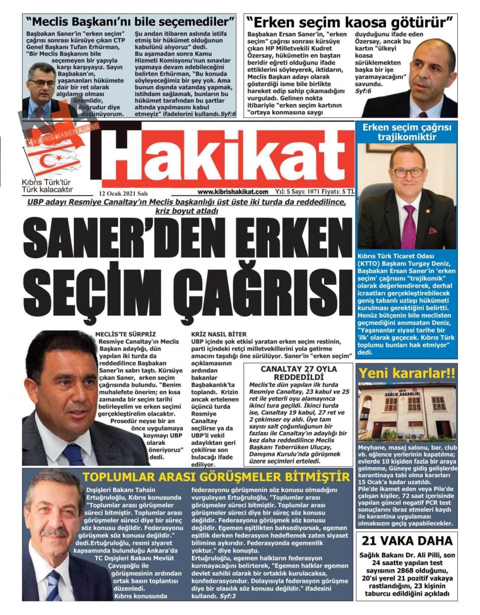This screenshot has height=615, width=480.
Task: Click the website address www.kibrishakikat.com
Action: tap(232, 192)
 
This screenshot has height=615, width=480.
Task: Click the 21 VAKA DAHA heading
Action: tap(407, 541)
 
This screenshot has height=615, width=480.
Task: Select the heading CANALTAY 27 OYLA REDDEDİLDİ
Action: tap(299, 373)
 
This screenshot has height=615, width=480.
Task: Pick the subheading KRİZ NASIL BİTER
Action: tap(218, 334)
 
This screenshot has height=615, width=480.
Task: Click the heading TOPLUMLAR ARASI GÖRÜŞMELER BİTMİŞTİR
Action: tap(216, 477)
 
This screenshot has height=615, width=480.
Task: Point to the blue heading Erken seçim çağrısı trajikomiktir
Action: tap(406, 132)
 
